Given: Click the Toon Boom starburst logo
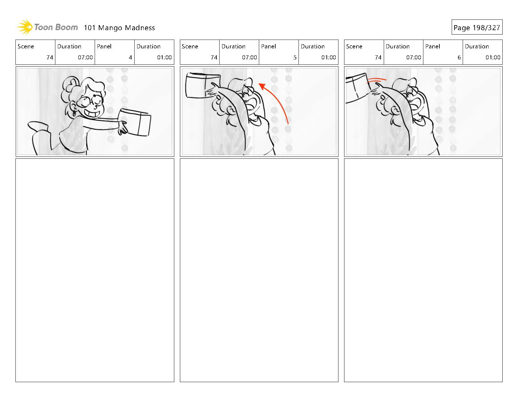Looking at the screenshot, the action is [25, 27].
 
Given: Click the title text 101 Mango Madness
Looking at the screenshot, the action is [119, 28].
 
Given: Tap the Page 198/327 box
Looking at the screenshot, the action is [477, 27].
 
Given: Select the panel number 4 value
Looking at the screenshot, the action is [130, 58].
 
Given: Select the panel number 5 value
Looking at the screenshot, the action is [295, 58].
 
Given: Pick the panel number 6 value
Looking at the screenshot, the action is [459, 58].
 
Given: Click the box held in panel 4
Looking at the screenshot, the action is [135, 122].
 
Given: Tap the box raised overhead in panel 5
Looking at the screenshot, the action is [203, 85].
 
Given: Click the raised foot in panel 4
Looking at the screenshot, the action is [38, 126].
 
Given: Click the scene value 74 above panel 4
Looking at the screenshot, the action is [50, 58].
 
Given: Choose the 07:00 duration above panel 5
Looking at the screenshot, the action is [249, 58].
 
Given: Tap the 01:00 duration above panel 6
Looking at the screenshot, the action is [493, 58].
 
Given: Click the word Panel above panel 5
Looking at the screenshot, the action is [268, 46].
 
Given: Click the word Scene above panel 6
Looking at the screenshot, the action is [354, 46].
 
